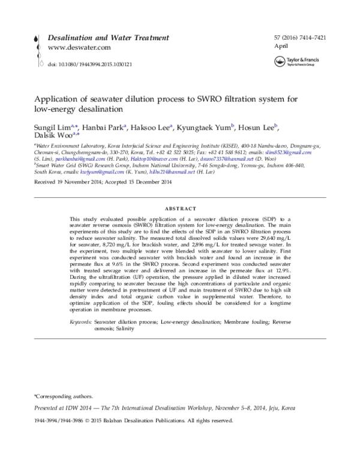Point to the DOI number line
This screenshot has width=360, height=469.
[90, 63]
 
